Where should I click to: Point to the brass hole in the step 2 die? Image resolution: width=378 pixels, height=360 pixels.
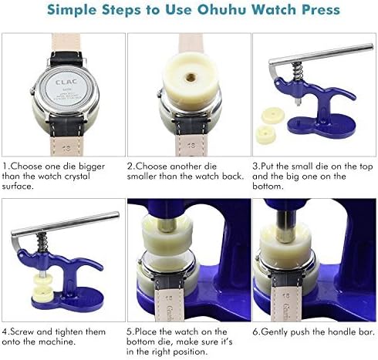189,78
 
